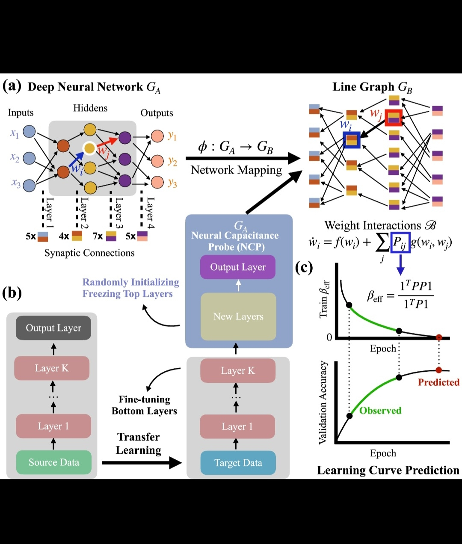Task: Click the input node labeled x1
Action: (29, 131)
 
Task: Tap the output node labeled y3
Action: (157, 182)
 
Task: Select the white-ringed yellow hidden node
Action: (89, 148)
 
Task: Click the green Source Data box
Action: (54, 462)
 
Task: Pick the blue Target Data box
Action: (238, 463)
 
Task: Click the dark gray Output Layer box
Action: (53, 328)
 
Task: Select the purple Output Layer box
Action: (238, 267)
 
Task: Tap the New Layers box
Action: (238, 316)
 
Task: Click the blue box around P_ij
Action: (400, 242)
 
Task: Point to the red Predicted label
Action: (438, 382)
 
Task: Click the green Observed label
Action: (380, 411)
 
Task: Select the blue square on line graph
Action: (351, 140)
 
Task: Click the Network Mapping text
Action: (236, 170)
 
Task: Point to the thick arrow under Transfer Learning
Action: (142, 463)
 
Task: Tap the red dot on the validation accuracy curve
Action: (438, 370)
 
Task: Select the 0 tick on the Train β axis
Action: (329, 337)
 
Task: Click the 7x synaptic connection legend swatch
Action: (111, 236)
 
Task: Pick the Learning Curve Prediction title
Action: (388, 470)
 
